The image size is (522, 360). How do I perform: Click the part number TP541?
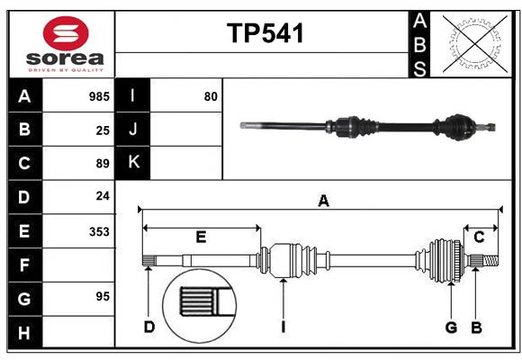[x=265, y=33]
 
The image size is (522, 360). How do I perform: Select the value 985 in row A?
[x=98, y=96]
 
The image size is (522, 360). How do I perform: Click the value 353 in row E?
[x=98, y=231]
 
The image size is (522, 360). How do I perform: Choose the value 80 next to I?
[x=211, y=96]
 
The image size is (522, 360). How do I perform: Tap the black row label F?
[x=24, y=265]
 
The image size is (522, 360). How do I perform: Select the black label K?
[x=133, y=163]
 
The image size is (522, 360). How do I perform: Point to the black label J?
[x=133, y=130]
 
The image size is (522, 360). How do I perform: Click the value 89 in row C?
[x=102, y=164]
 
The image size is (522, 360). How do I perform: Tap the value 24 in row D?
[x=102, y=196]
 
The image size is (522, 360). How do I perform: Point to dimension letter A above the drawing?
[x=322, y=201]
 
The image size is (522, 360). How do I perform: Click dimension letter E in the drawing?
[x=201, y=238]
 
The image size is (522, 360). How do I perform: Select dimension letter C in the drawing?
[x=479, y=238]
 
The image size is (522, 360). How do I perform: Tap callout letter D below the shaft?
[x=149, y=327]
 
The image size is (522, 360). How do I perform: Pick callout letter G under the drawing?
[x=451, y=327]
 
